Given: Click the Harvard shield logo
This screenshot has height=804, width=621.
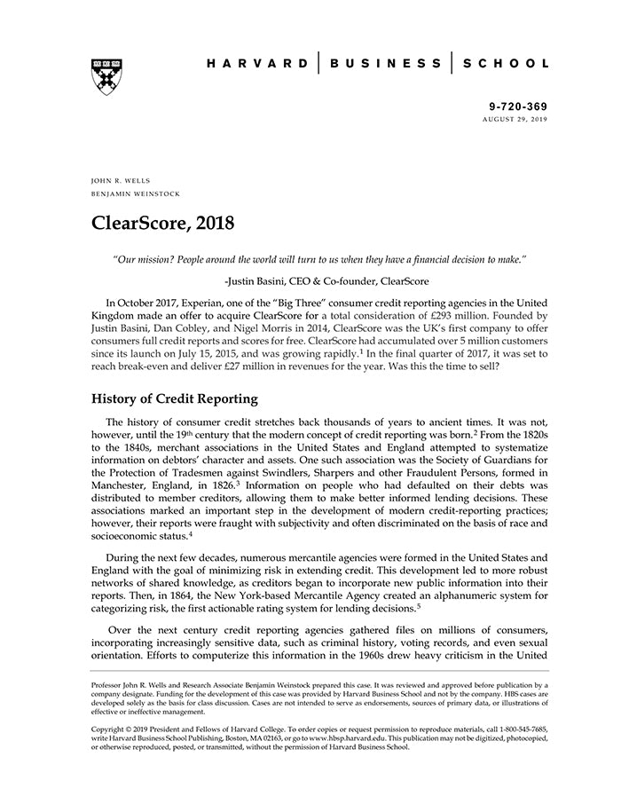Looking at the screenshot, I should pos(106,77).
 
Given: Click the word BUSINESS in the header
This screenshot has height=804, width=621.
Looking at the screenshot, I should pos(385,64).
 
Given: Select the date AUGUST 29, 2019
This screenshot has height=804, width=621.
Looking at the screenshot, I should pos(515,119).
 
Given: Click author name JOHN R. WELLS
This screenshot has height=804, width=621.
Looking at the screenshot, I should pos(121,180).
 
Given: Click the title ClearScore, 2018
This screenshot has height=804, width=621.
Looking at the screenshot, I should pos(163,223).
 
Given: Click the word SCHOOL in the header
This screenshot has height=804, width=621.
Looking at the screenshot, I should pos(507,64).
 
